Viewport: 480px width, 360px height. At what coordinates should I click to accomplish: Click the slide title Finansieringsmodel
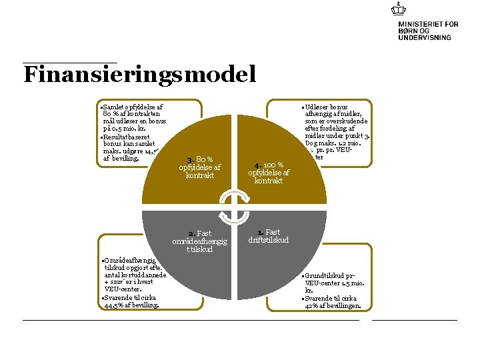(x=139, y=74)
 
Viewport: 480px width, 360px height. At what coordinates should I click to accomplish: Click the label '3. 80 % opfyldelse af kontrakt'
(x=200, y=167)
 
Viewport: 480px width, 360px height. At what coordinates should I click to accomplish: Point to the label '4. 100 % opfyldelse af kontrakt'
(x=269, y=173)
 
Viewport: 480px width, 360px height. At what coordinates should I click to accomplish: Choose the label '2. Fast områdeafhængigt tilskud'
(x=199, y=241)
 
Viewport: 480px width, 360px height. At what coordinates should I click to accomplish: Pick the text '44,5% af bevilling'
(x=131, y=305)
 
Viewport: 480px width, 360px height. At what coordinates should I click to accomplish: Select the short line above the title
(x=70, y=63)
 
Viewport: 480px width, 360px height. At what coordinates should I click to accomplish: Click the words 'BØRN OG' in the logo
(x=414, y=31)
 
